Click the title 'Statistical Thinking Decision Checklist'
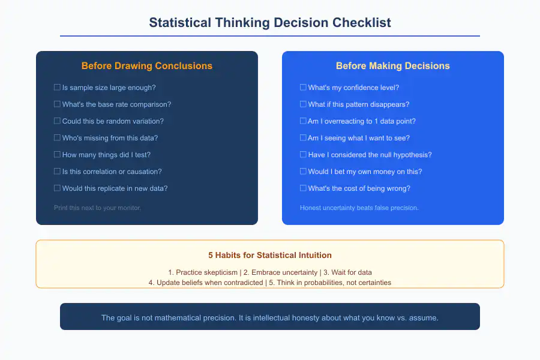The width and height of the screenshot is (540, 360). pyautogui.click(x=270, y=23)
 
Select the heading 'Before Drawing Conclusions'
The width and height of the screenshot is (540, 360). pyautogui.click(x=147, y=66)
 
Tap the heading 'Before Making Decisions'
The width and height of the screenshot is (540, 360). pyautogui.click(x=393, y=66)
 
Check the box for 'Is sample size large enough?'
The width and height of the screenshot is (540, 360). pyautogui.click(x=57, y=88)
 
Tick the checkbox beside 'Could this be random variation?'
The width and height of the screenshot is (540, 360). pyautogui.click(x=57, y=121)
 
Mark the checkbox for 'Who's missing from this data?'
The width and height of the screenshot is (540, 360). pyautogui.click(x=57, y=138)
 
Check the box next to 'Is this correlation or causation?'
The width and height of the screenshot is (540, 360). pyautogui.click(x=57, y=172)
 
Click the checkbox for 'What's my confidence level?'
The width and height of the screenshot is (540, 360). pyautogui.click(x=303, y=88)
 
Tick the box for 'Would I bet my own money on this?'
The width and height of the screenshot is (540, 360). pyautogui.click(x=303, y=172)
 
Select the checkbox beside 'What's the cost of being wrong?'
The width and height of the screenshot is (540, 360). pyautogui.click(x=303, y=188)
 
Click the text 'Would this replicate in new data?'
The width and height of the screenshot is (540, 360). pyautogui.click(x=115, y=188)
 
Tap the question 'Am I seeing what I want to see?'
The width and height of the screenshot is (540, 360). pyautogui.click(x=359, y=138)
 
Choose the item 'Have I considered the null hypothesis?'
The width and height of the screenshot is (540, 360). pyautogui.click(x=370, y=155)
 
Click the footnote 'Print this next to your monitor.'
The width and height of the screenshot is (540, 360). pyautogui.click(x=97, y=208)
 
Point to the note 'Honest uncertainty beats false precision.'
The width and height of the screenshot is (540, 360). pyautogui.click(x=359, y=208)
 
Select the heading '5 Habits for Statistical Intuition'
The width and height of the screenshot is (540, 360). pyautogui.click(x=270, y=255)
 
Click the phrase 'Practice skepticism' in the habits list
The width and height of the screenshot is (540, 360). pyautogui.click(x=201, y=272)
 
